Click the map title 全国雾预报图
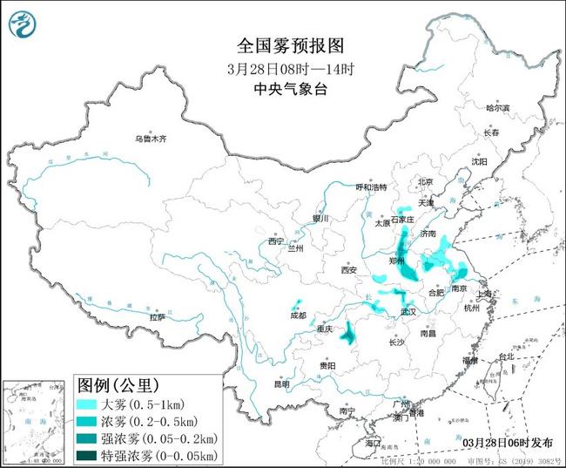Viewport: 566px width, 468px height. pyautogui.click(x=283, y=45)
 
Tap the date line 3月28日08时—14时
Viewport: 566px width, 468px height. pyautogui.click(x=283, y=68)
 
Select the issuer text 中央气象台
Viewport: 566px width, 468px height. pyautogui.click(x=283, y=88)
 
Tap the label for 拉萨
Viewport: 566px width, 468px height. pyautogui.click(x=157, y=317)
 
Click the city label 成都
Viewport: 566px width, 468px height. pyautogui.click(x=299, y=315)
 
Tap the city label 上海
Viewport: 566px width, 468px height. pyautogui.click(x=488, y=295)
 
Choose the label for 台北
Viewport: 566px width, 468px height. pyautogui.click(x=506, y=357)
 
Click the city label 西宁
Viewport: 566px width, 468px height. pyautogui.click(x=276, y=241)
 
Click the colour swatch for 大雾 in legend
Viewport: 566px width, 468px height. pyautogui.click(x=87, y=404)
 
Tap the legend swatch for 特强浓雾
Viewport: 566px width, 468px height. pyautogui.click(x=87, y=455)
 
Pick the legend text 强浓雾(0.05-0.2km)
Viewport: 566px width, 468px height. pyautogui.click(x=159, y=438)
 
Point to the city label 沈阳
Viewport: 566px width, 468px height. pyautogui.click(x=480, y=161)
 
